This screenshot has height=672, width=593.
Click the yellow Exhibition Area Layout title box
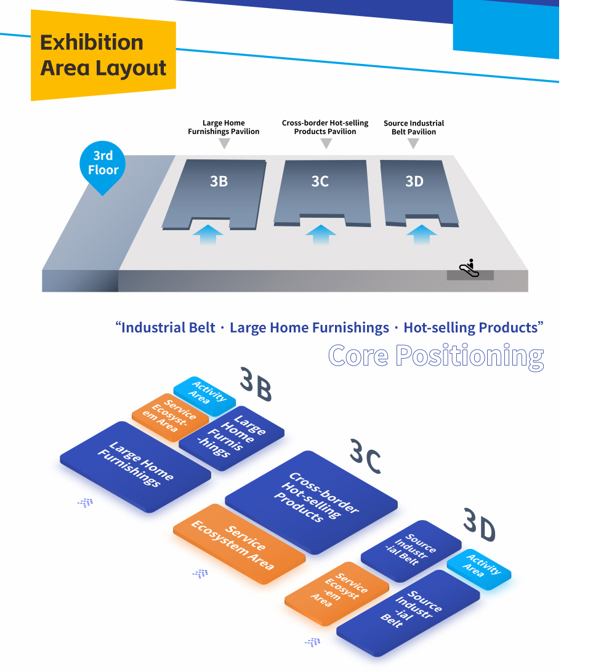coord(103,55)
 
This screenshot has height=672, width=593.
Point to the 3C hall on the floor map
coord(321,193)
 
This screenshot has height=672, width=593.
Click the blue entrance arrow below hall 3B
coord(208,234)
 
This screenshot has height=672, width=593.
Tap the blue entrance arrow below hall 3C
coord(321,234)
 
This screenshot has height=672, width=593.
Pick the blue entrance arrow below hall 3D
coord(421,234)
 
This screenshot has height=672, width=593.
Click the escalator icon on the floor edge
coord(469,268)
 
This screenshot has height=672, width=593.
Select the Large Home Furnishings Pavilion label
coord(224,127)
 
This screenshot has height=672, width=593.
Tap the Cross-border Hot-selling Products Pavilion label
coord(325,127)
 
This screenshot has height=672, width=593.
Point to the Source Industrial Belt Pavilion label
coord(414,127)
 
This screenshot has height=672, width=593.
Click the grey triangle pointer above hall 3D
coord(413,143)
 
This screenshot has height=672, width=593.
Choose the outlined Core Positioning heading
coord(436,356)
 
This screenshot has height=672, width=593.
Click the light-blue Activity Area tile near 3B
coord(204,396)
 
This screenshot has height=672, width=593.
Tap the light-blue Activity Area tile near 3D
coord(479,569)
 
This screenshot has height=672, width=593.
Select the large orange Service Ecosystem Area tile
coord(240,543)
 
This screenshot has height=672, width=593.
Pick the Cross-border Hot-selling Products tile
coord(312,502)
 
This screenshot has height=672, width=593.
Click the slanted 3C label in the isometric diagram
coord(365,456)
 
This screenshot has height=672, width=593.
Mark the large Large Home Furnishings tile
coord(135,466)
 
